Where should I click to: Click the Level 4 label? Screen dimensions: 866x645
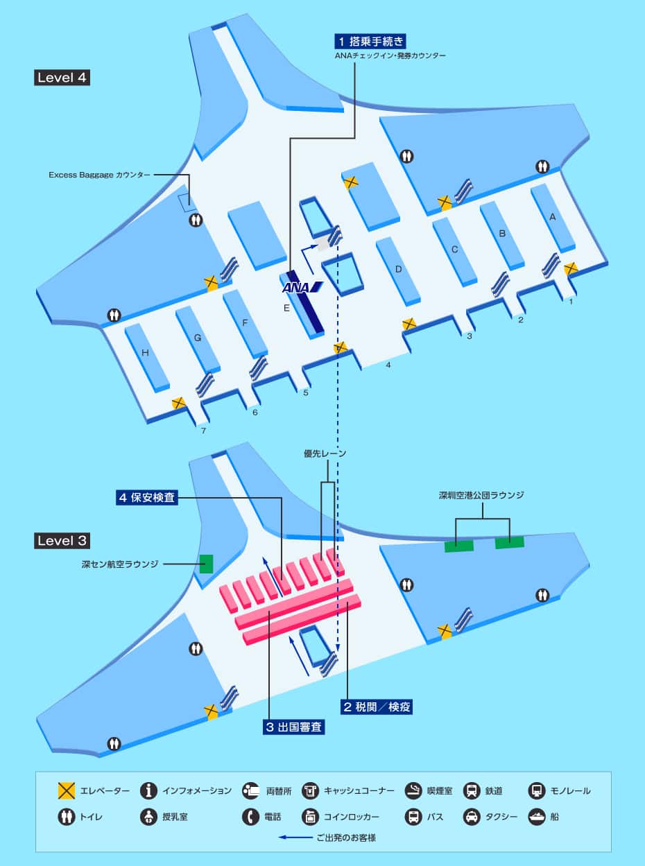pyautogui.click(x=62, y=77)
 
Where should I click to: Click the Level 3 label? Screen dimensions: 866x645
pyautogui.click(x=62, y=540)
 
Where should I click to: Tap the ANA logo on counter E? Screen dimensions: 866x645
pyautogui.click(x=302, y=287)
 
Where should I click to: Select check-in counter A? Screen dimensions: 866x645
pyautogui.click(x=553, y=216)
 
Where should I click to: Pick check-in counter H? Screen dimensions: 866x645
pyautogui.click(x=145, y=353)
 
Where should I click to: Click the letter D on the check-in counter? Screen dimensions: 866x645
pyautogui.click(x=399, y=269)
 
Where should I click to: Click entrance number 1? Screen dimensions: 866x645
pyautogui.click(x=571, y=302)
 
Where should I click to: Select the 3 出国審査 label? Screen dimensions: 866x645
pyautogui.click(x=294, y=727)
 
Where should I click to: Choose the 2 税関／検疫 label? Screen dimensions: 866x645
pyautogui.click(x=377, y=707)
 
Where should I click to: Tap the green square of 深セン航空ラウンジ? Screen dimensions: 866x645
pyautogui.click(x=206, y=563)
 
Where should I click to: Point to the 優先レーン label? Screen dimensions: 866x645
pyautogui.click(x=325, y=453)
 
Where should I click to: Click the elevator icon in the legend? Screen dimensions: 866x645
pyautogui.click(x=67, y=790)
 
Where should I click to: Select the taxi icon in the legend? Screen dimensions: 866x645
pyautogui.click(x=471, y=817)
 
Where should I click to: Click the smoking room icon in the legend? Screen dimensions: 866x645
pyautogui.click(x=413, y=790)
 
